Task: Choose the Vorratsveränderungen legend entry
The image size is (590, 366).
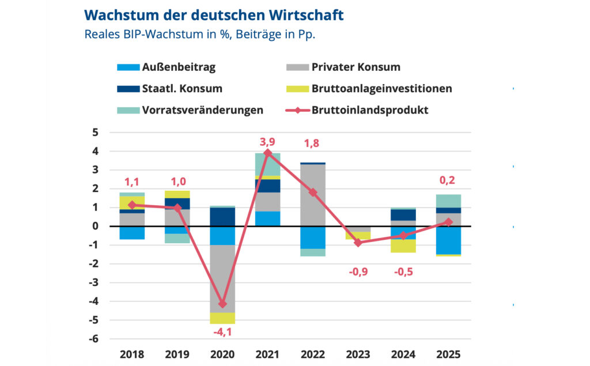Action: click(x=190, y=110)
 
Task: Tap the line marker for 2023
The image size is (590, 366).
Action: click(x=358, y=243)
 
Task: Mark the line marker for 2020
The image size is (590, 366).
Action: click(x=223, y=304)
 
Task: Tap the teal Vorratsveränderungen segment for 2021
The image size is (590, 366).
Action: click(x=268, y=164)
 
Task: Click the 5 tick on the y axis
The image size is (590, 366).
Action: click(x=96, y=133)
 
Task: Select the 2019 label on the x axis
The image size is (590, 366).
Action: click(x=177, y=354)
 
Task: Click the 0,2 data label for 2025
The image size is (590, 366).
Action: click(x=448, y=180)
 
